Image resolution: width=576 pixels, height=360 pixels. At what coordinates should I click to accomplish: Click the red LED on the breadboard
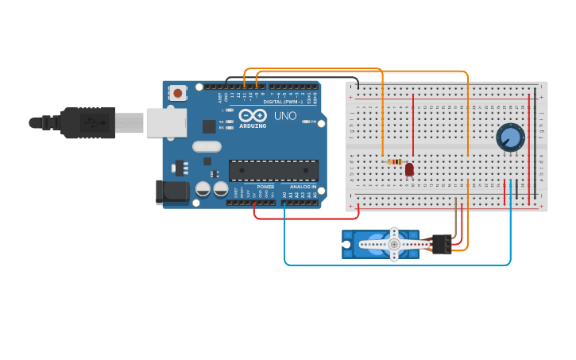point(409,168)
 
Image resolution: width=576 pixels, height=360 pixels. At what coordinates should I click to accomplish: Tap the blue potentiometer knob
point(510,137)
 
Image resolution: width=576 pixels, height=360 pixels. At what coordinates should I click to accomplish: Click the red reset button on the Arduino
point(177,93)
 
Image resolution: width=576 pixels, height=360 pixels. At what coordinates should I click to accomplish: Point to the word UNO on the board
point(285,116)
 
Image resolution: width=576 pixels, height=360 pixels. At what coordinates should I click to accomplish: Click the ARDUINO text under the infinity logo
point(253,126)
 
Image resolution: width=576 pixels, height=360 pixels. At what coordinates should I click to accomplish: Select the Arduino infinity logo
point(253,116)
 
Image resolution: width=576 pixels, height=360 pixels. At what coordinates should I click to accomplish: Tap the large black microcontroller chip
point(273,171)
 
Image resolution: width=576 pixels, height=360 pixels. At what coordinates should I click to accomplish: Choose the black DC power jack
point(172,192)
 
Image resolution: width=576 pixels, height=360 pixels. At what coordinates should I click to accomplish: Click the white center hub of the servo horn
point(394,245)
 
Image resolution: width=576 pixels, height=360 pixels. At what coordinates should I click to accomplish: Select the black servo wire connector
point(440,244)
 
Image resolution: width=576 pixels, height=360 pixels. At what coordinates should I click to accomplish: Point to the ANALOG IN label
point(302,187)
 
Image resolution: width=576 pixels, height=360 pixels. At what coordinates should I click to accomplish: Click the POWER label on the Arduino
point(265,187)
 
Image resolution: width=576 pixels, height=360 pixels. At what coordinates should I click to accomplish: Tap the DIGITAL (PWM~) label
point(283,102)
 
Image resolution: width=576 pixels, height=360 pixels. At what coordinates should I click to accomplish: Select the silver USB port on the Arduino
point(166,122)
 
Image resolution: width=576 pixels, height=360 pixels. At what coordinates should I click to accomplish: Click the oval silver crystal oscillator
point(207,146)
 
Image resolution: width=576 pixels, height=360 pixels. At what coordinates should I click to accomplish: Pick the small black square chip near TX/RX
point(209,126)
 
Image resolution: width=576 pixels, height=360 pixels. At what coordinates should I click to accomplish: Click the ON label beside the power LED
point(313,122)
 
